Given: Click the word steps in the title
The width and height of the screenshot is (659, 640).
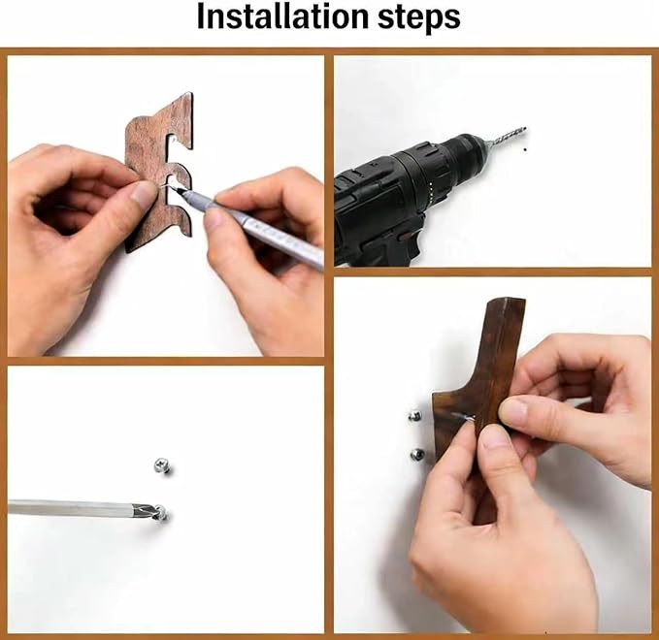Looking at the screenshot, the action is (x=418, y=18).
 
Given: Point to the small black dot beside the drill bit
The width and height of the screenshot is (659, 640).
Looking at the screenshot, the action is (x=525, y=149).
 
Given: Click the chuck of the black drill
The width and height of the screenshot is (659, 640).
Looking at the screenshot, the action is (x=467, y=156).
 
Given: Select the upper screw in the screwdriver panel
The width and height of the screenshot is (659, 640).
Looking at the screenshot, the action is (x=162, y=465).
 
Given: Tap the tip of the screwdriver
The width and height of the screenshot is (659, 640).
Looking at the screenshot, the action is (x=152, y=510).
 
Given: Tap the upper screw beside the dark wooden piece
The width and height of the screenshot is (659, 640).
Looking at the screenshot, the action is (x=415, y=416).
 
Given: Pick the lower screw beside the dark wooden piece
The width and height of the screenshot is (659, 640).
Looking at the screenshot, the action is (x=417, y=454).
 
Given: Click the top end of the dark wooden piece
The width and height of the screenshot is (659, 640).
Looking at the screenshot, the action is (x=507, y=302).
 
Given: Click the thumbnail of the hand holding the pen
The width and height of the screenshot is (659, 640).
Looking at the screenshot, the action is (x=214, y=216).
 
